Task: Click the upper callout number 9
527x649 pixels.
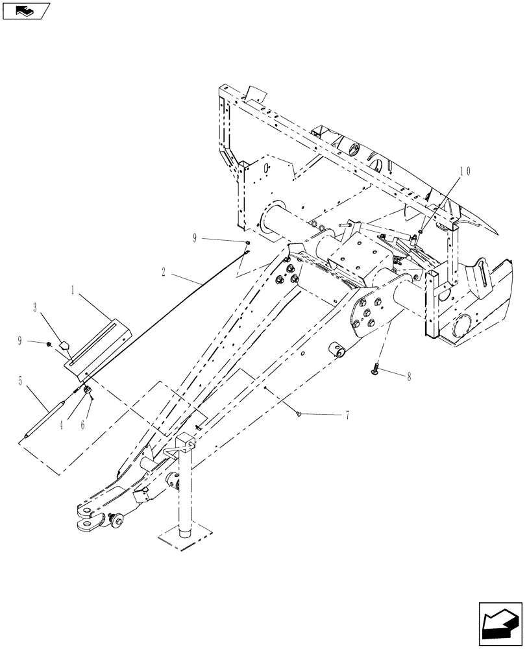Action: click(194, 239)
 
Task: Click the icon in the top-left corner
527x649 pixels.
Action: click(26, 10)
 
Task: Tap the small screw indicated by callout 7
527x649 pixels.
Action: click(298, 411)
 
